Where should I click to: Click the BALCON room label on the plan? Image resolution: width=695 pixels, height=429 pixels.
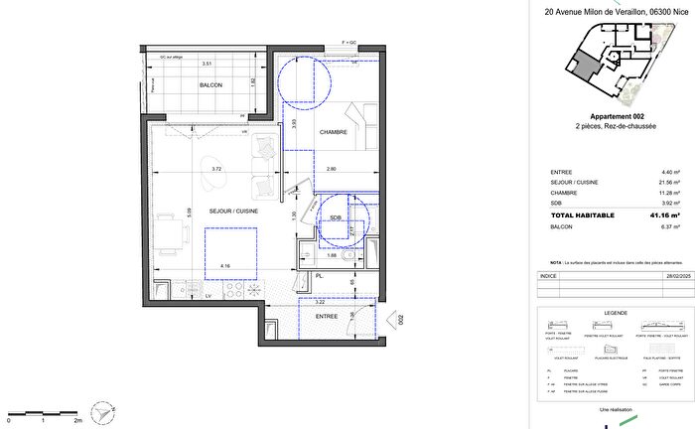210,86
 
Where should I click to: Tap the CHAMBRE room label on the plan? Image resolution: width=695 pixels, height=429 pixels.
333,132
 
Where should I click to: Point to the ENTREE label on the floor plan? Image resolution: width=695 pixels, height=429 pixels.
328,317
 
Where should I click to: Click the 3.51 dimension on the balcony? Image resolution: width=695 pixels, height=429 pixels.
207,64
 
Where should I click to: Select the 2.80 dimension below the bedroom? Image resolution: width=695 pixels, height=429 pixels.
332,170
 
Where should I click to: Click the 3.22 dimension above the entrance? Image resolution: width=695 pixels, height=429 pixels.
320,300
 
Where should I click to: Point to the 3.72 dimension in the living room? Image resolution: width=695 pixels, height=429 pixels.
216,169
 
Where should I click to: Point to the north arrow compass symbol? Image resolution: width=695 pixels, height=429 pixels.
101,408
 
